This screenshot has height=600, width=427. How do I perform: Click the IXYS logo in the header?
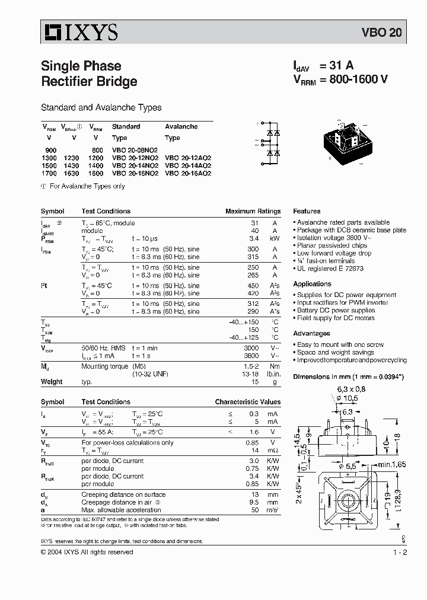click(80, 32)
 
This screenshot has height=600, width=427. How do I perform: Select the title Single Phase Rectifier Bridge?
click(89, 74)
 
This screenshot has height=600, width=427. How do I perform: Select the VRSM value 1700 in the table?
click(50, 173)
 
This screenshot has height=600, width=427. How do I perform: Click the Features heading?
click(307, 211)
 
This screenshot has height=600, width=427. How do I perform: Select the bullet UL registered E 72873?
click(330, 269)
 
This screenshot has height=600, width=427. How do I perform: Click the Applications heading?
click(312, 284)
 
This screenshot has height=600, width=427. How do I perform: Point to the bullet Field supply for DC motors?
click(336, 318)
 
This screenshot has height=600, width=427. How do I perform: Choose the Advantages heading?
click(311, 333)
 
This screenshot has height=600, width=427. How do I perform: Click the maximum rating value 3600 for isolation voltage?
click(253, 356)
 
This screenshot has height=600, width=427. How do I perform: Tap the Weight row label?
click(52, 382)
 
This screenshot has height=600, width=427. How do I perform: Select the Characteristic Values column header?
click(247, 401)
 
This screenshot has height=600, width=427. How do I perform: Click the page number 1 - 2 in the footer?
click(400, 552)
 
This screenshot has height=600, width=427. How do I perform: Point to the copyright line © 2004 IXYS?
click(87, 552)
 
